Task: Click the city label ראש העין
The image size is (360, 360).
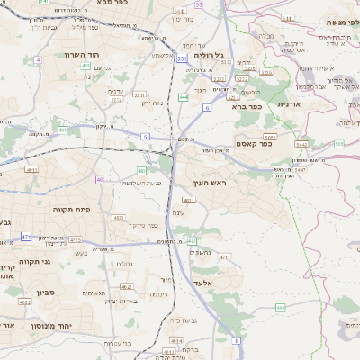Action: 206,184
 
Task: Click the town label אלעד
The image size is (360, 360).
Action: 202,283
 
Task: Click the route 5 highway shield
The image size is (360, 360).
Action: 145,136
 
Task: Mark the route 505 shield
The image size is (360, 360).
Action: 338,144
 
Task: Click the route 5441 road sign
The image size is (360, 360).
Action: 301,144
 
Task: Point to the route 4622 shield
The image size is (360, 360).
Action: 25,303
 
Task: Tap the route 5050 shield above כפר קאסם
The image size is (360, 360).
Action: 270,137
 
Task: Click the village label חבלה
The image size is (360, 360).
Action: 266,37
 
